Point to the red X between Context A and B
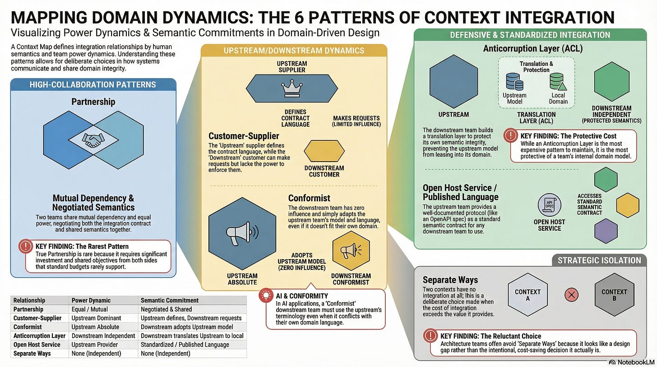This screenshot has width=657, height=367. click(x=572, y=295)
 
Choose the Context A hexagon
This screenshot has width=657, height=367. click(x=527, y=295)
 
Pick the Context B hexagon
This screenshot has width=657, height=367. click(x=614, y=295)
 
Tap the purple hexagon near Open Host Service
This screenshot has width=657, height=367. click(x=606, y=231)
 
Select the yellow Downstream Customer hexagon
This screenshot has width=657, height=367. click(x=324, y=151)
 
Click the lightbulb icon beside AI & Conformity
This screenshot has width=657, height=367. click(x=266, y=296)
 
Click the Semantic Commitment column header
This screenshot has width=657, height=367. click(x=170, y=300)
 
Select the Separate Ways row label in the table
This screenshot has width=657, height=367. click(x=32, y=353)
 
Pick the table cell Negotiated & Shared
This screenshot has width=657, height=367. click(x=166, y=309)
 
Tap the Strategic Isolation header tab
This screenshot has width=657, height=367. click(x=599, y=260)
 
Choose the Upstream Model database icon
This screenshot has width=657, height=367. click(x=514, y=82)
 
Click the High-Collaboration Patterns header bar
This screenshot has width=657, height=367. click(x=93, y=84)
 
